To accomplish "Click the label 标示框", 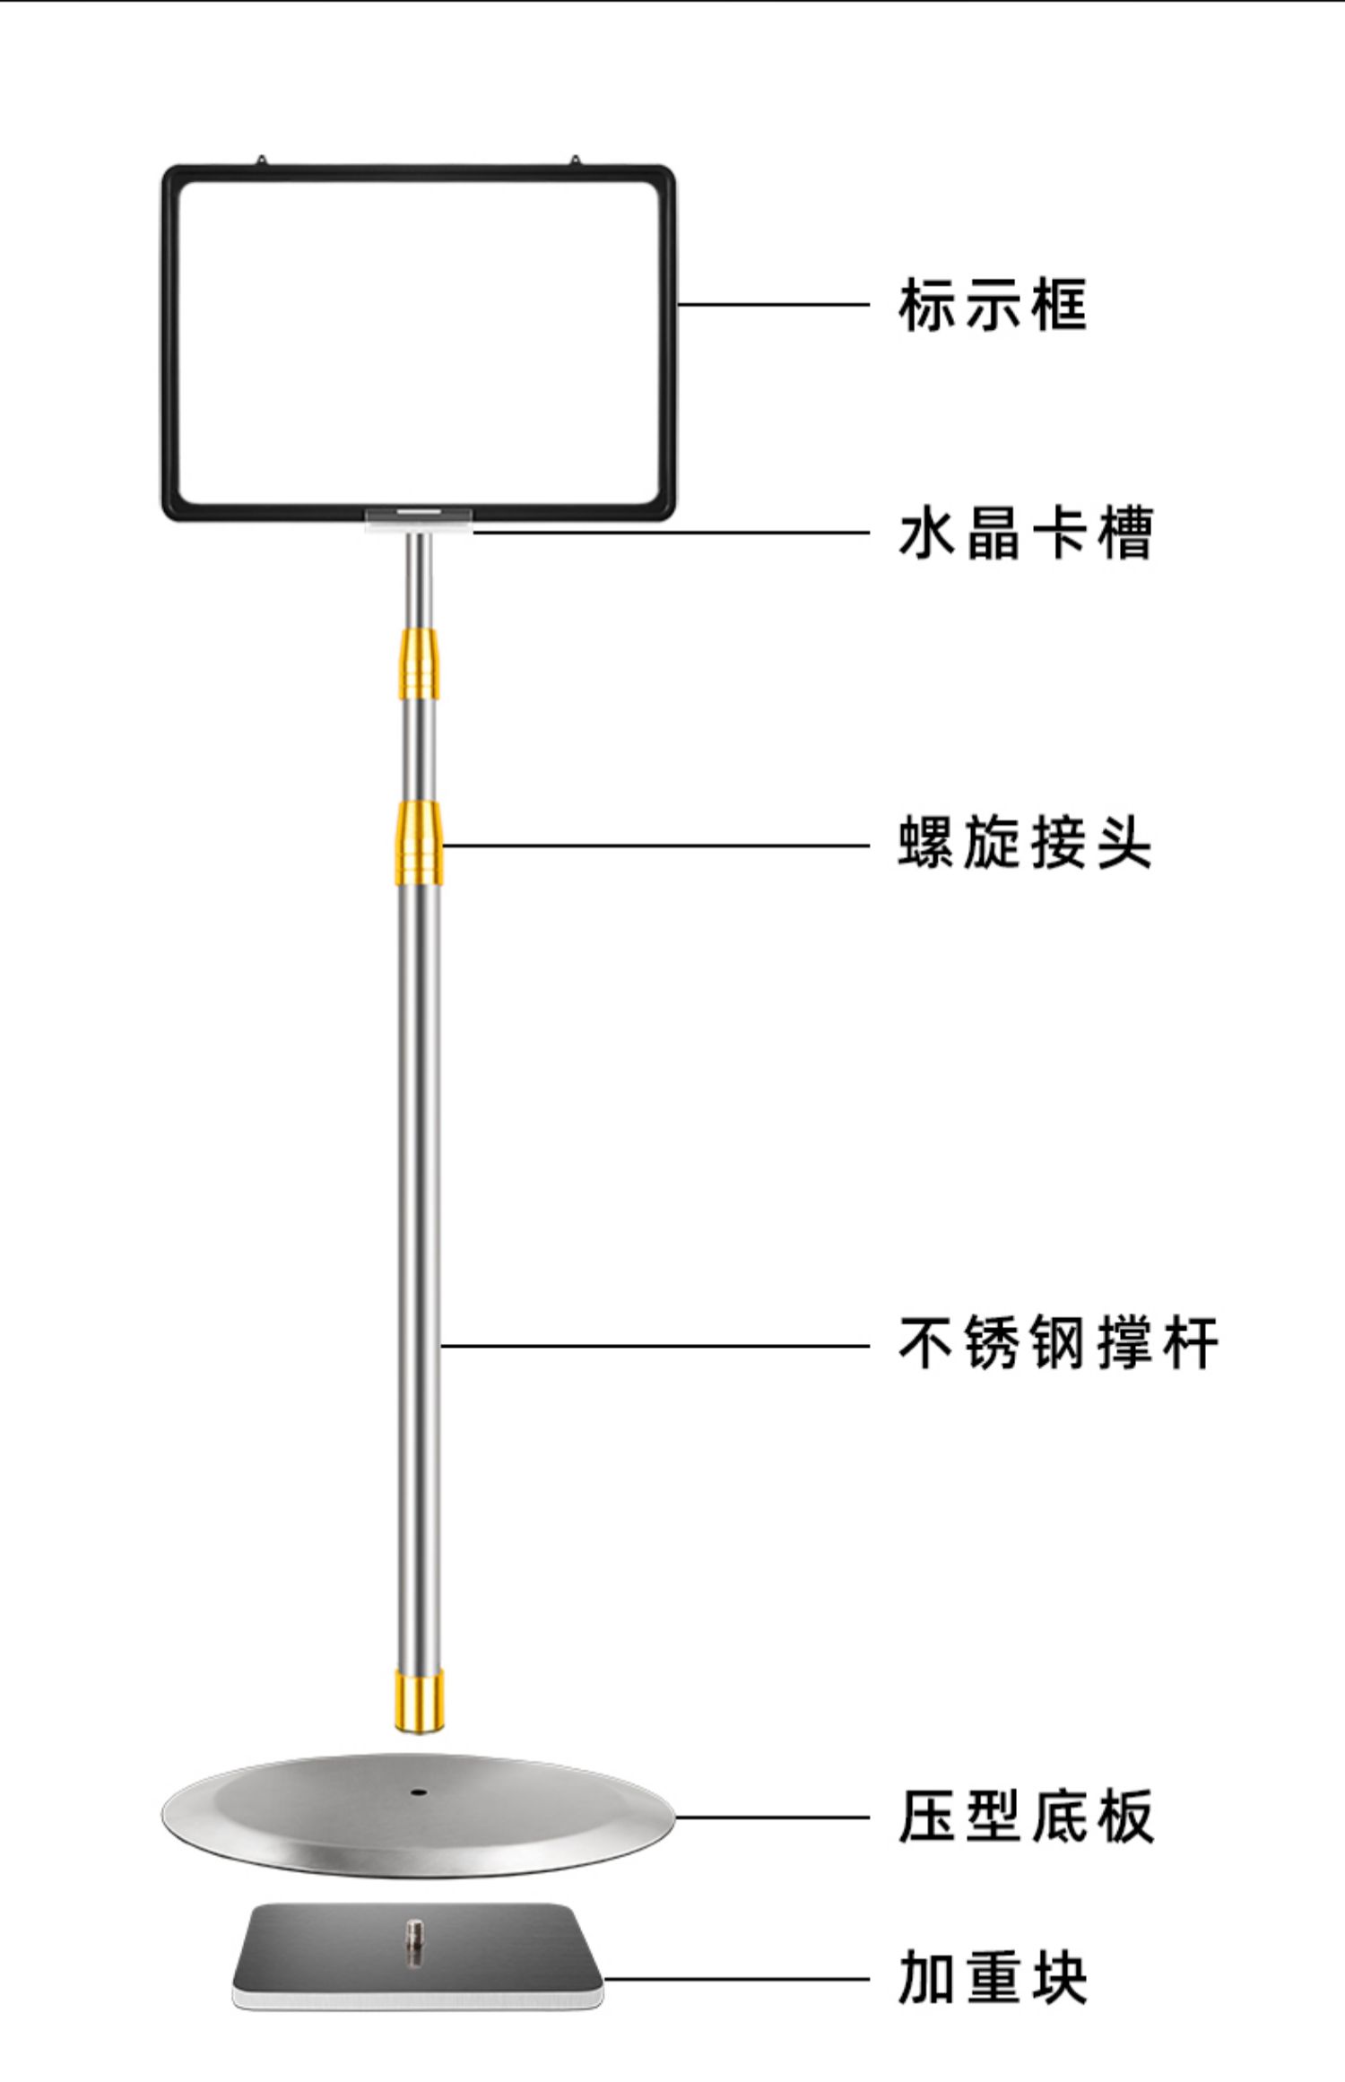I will [x=992, y=306].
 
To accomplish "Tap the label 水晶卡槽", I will [x=1025, y=534].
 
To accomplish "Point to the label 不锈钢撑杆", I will [x=1058, y=1343].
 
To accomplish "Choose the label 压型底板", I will [x=1026, y=1817].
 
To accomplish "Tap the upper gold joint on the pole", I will [x=420, y=664].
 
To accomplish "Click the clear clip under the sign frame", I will [x=419, y=519].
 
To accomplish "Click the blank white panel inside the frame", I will [x=418, y=341].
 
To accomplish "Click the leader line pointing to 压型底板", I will [x=771, y=1817].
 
